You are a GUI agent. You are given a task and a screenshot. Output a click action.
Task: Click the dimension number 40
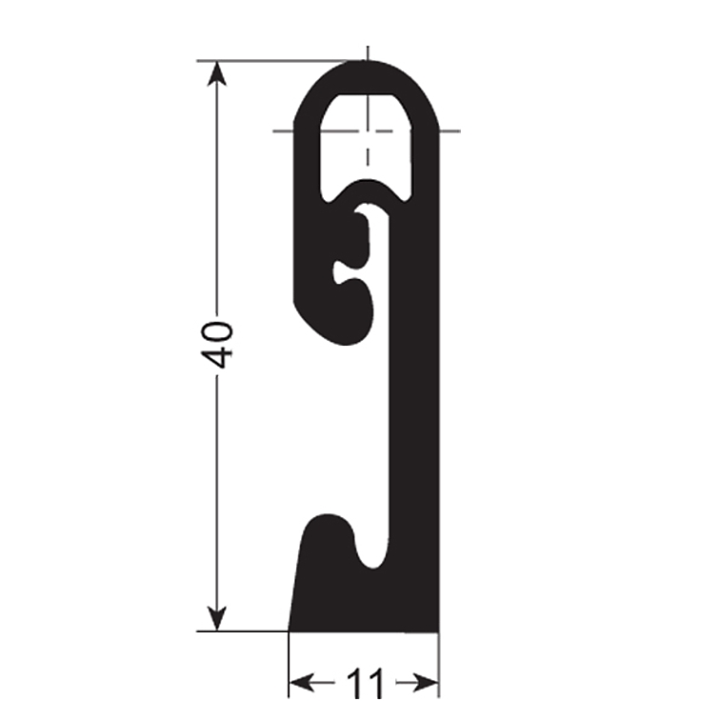click(x=217, y=346)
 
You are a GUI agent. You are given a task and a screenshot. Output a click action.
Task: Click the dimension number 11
click(x=365, y=684)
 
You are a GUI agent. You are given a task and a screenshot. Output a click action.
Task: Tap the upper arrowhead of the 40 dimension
click(x=217, y=73)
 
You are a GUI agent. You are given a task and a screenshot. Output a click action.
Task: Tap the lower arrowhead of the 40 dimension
click(x=217, y=618)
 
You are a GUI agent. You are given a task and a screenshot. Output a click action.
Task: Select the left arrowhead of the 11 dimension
click(x=302, y=683)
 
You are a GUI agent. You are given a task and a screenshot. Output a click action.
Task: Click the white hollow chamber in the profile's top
click(x=366, y=142)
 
